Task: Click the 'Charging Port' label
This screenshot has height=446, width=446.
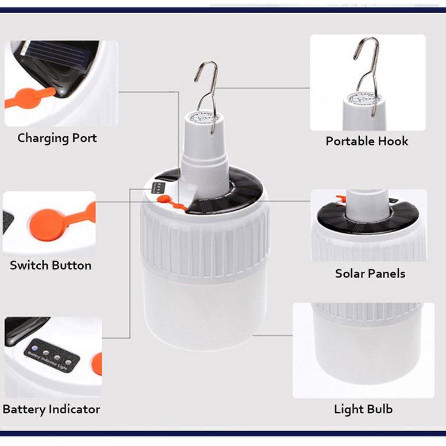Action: [57, 138]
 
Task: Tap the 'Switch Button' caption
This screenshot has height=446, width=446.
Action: [51, 266]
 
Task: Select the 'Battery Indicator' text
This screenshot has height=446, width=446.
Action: [51, 409]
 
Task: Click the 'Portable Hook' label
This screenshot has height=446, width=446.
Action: [367, 141]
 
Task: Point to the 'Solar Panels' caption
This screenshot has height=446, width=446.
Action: [370, 274]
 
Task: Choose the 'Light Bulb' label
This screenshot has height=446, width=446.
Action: [363, 409]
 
